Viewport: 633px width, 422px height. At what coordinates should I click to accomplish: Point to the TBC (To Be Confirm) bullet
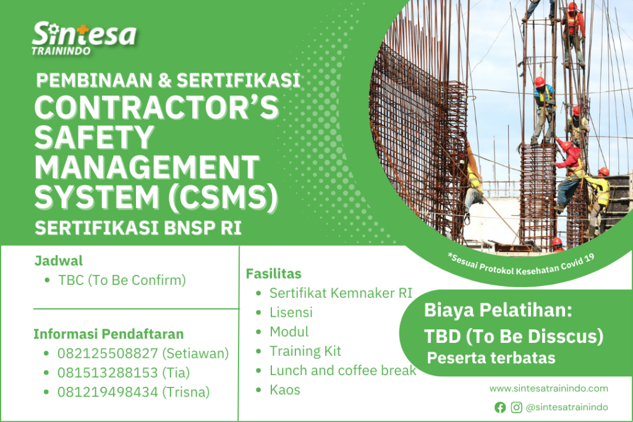pos(122,280)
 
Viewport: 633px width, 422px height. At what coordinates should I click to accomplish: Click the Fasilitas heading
pos(274,273)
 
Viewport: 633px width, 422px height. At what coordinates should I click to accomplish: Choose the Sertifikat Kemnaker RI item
pos(341,293)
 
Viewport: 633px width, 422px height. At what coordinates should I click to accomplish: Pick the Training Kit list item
pos(305,351)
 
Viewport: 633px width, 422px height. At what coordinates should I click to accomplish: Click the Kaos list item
pos(285,390)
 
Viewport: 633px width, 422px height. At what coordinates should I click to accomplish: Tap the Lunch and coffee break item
pos(343,370)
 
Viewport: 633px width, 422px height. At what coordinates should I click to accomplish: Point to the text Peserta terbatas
pos(491,358)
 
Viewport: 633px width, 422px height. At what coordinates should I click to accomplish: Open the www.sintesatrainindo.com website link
pos(548,389)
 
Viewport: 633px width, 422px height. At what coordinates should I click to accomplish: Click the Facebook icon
pos(500,407)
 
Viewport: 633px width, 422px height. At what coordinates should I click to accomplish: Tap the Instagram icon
pos(516,407)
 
